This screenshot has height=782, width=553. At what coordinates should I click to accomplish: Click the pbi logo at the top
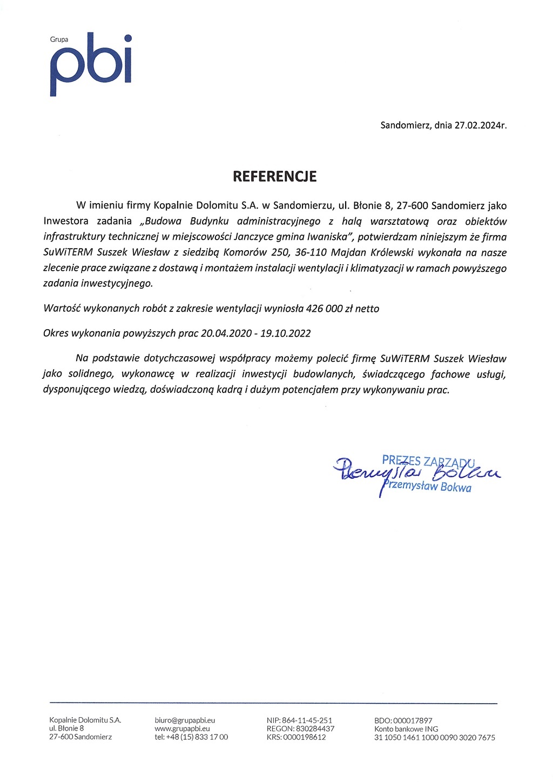(91, 64)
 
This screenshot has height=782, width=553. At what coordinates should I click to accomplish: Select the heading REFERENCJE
(274, 176)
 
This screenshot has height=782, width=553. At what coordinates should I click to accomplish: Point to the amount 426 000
(324, 309)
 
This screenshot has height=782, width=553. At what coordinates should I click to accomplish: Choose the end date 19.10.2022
(285, 333)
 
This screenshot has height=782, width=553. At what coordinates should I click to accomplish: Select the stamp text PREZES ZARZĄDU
(428, 461)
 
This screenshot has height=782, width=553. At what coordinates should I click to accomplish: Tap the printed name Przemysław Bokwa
(427, 487)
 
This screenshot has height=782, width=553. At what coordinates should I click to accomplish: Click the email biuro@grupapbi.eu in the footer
(185, 720)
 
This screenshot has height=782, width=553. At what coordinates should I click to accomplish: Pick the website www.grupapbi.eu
(182, 728)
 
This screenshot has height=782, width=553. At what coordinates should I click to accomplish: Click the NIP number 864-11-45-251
(307, 720)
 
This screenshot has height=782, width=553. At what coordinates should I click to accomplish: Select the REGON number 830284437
(315, 728)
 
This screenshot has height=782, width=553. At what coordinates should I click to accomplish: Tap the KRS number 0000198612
(304, 737)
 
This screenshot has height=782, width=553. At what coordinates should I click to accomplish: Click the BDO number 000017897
(413, 720)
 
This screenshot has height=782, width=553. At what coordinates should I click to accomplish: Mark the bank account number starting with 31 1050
(434, 737)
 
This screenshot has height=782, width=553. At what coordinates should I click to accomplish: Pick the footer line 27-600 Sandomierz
(80, 737)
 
